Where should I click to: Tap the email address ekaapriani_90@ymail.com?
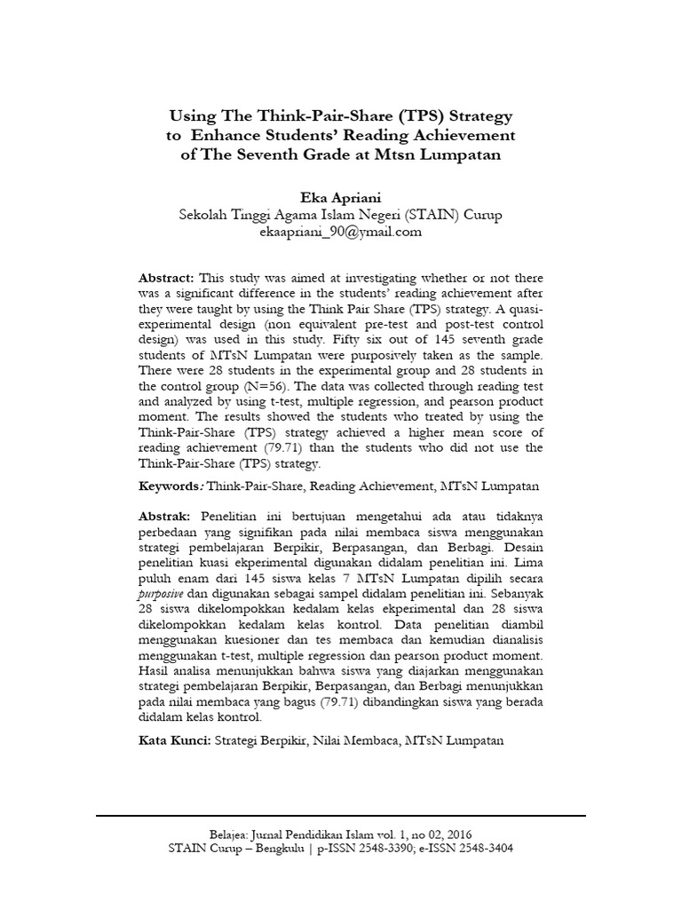340,233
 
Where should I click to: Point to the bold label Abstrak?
166,516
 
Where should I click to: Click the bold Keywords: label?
171,486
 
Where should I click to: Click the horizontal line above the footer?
340,815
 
